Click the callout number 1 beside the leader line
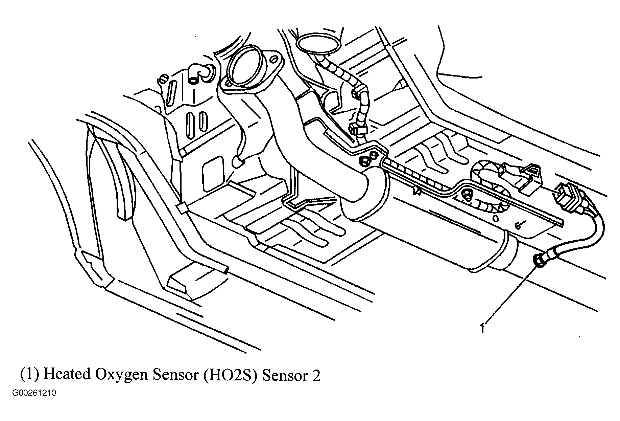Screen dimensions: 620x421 (482, 328)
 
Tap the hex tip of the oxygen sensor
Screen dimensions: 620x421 (537, 261)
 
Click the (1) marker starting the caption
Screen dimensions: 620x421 (31, 375)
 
